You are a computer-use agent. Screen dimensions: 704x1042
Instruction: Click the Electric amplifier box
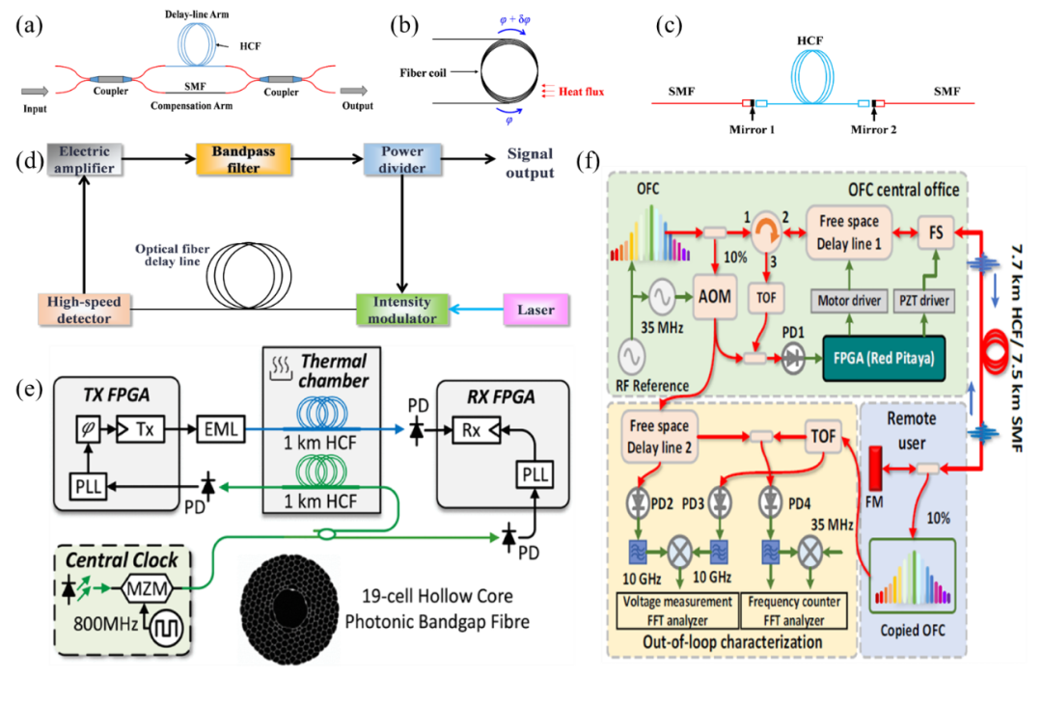(x=85, y=159)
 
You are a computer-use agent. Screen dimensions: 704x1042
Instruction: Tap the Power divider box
(x=401, y=159)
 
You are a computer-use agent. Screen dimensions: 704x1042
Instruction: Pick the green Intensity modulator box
(x=402, y=310)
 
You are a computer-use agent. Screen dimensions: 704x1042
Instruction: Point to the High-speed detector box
(x=84, y=310)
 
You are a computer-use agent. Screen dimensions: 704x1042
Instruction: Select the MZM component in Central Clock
(x=146, y=587)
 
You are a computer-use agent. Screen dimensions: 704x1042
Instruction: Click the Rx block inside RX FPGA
(x=472, y=430)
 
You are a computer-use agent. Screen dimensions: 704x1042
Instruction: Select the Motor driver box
(x=848, y=301)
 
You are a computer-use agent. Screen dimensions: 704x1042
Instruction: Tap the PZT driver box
(x=924, y=301)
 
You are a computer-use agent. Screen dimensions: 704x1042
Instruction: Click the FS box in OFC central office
(x=935, y=232)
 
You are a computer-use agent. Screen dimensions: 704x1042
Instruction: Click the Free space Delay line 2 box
(x=659, y=437)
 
